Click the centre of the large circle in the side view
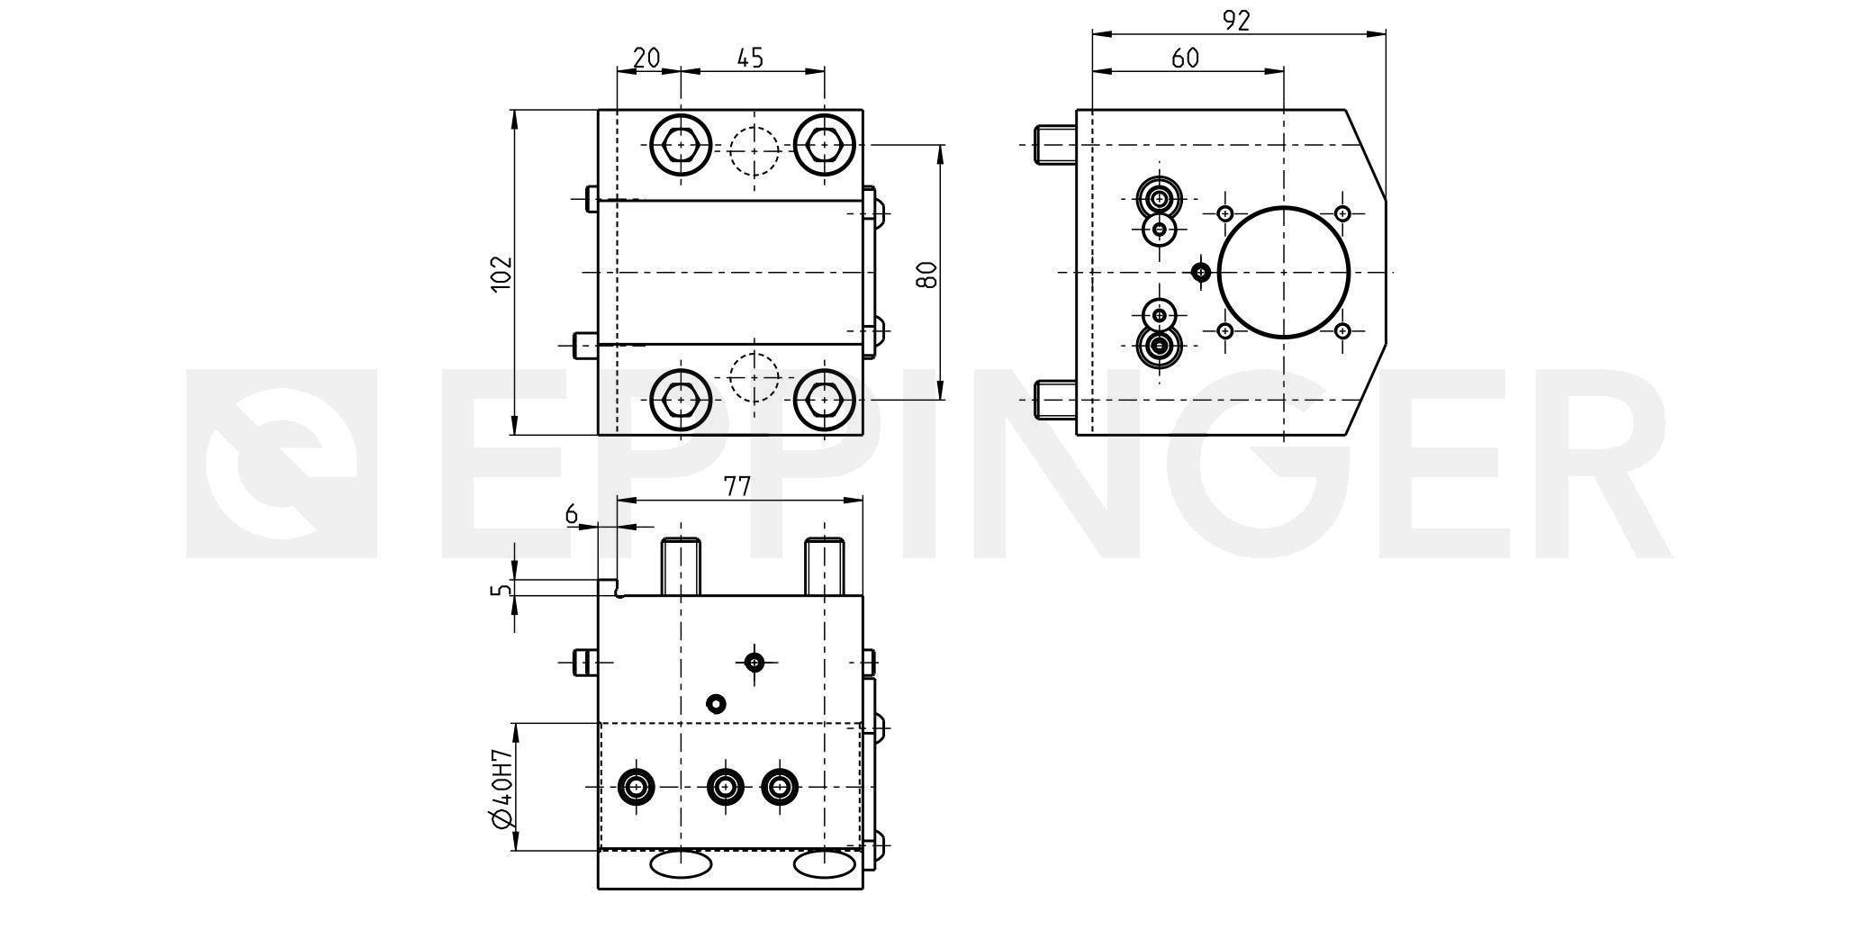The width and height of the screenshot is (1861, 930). [x=1284, y=272]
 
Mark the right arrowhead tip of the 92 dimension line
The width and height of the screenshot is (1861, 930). [x=1385, y=34]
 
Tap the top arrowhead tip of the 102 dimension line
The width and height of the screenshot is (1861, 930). [x=515, y=110]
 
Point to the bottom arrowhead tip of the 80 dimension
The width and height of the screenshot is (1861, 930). [x=940, y=399]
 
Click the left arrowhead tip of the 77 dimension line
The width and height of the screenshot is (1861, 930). [x=618, y=501]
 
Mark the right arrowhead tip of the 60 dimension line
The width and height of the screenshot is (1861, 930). [x=1284, y=70]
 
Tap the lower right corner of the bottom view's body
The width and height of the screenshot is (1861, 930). [x=863, y=889]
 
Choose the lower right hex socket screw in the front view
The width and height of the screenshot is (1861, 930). [x=825, y=399]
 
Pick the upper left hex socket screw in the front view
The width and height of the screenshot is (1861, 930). [x=681, y=145]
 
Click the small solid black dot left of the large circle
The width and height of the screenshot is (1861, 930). [x=1200, y=271]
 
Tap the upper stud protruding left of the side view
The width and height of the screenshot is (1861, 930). [x=1055, y=145]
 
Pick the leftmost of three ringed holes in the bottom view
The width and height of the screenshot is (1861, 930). [x=637, y=788]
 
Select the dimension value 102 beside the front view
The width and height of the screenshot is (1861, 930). [x=501, y=273]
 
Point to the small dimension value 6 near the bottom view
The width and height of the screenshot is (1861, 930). [x=571, y=514]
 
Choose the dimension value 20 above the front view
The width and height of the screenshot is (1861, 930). [x=646, y=58]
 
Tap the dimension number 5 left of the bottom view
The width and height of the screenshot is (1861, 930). [x=501, y=590]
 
